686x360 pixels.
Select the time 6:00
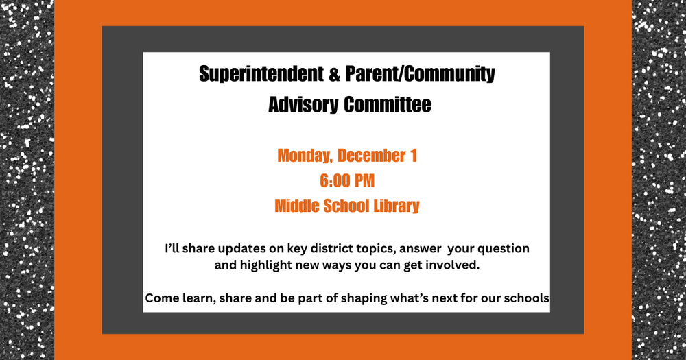tap(334, 181)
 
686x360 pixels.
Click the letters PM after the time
tap(365, 181)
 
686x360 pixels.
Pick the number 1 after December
tap(413, 156)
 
